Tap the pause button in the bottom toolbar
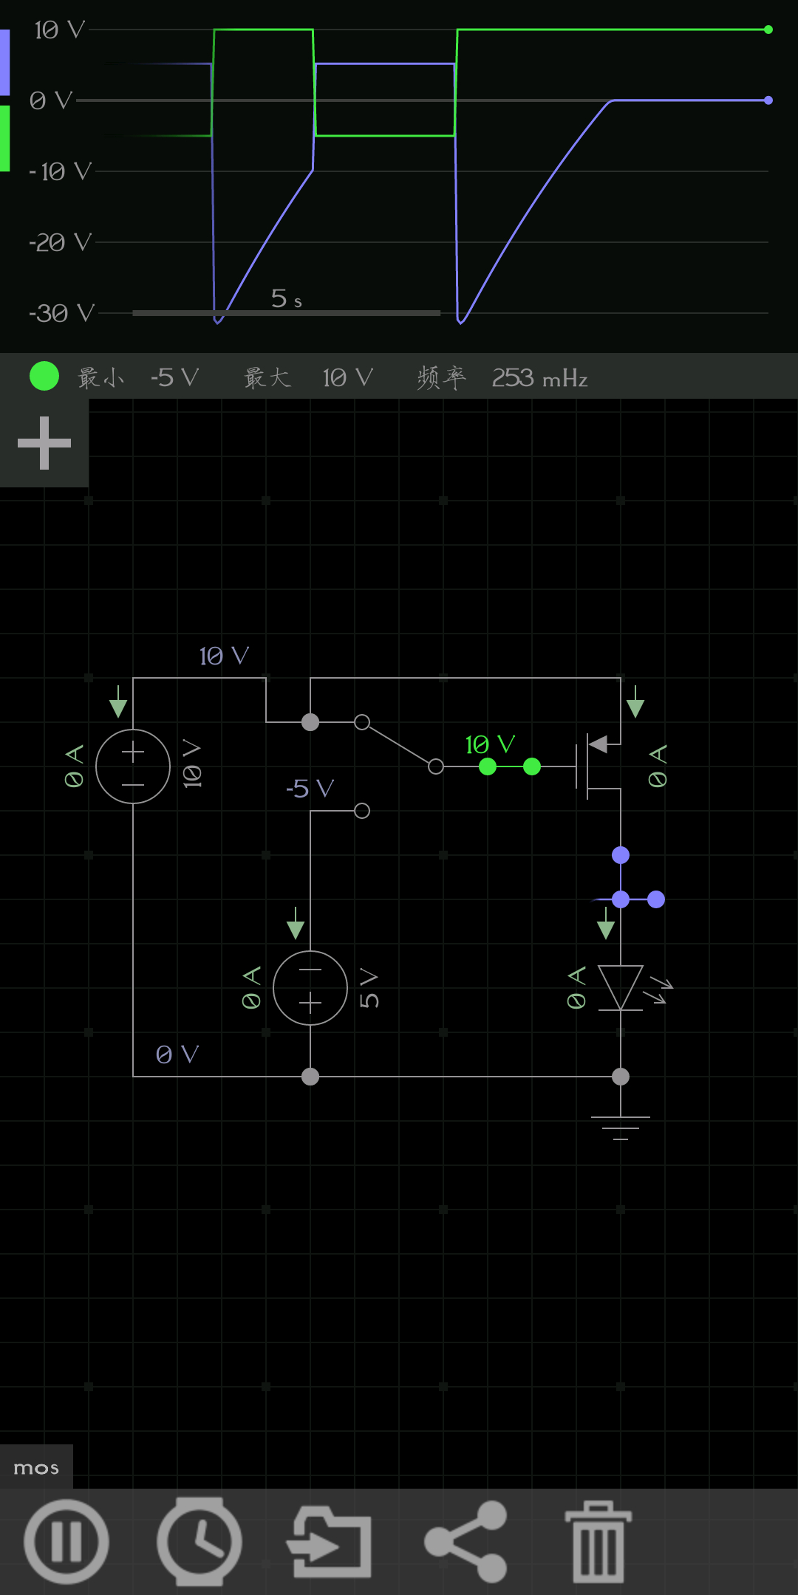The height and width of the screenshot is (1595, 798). pos(66,1541)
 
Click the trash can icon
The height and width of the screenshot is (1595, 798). pos(598,1541)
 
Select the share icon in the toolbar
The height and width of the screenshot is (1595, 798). pos(466,1541)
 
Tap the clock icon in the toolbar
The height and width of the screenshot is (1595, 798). pos(199,1541)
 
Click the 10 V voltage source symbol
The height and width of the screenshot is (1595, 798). pos(133,766)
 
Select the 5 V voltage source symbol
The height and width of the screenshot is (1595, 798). pos(310,988)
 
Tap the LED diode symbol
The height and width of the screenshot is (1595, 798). pos(621,988)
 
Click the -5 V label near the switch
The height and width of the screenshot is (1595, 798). pos(310,789)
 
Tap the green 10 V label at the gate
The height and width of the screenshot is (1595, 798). pos(490,744)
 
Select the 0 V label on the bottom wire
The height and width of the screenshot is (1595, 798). pos(177,1054)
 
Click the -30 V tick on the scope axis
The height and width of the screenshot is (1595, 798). pos(61,313)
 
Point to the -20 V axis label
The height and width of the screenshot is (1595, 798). pos(60,242)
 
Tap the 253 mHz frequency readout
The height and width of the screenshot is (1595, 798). pos(539,378)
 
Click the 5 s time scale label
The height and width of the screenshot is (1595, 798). pos(287,298)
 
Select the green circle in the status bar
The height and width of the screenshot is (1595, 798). pos(44,376)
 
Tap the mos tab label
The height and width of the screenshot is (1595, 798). pos(36,1468)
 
